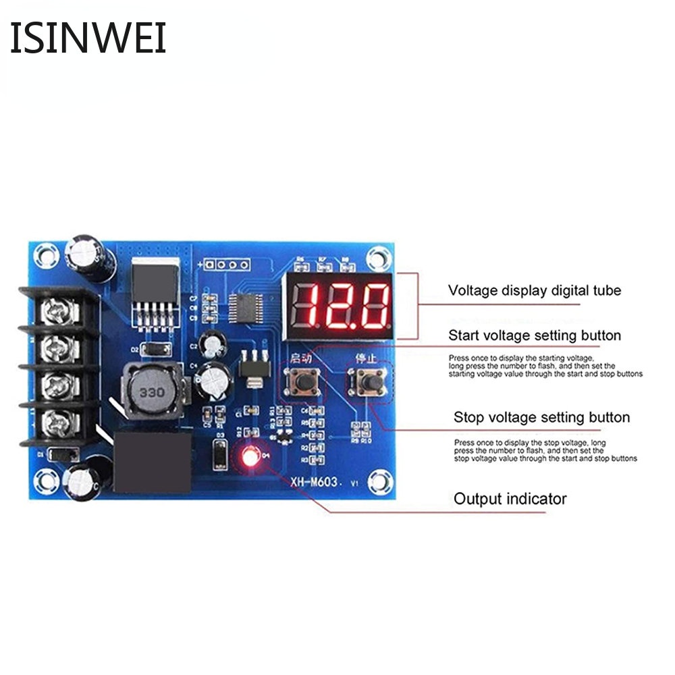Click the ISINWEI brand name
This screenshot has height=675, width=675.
[88, 38]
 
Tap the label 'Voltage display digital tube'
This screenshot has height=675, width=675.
[535, 291]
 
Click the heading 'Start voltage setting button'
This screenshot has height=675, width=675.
[535, 335]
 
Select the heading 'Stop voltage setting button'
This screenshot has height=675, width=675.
[541, 417]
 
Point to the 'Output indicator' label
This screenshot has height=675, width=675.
[510, 500]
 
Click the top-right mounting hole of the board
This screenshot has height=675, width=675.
[379, 257]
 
